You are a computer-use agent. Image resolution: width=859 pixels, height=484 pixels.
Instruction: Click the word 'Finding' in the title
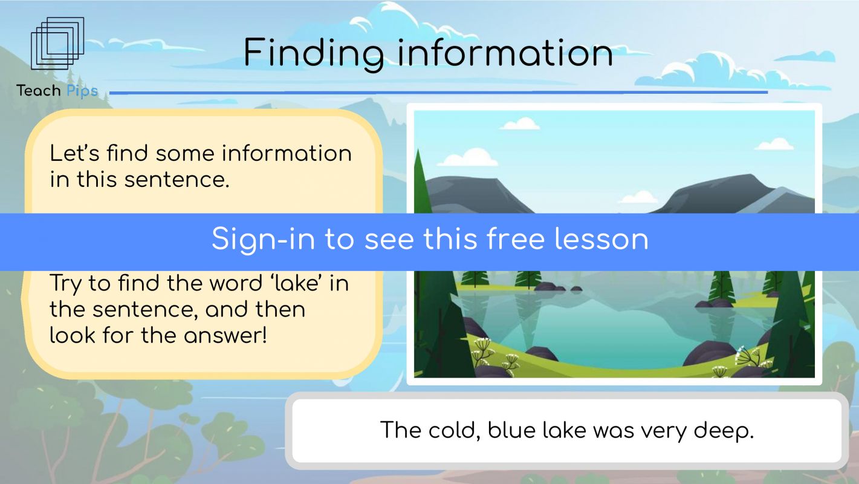pyautogui.click(x=314, y=53)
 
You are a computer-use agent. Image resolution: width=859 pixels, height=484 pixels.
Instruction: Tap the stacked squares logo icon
pyautogui.click(x=57, y=44)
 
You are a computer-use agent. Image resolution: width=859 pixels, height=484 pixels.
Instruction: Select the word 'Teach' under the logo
pyautogui.click(x=38, y=91)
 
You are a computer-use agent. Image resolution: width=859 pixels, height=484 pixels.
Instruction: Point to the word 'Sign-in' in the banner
pyautogui.click(x=264, y=239)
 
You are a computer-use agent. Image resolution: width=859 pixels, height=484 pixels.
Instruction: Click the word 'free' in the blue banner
pyautogui.click(x=516, y=239)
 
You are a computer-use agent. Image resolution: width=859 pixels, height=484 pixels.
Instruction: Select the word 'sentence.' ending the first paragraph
pyautogui.click(x=177, y=180)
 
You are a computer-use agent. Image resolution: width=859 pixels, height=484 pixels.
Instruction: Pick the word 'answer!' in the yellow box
pyautogui.click(x=225, y=335)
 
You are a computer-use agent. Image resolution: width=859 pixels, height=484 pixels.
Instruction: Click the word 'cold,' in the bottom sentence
pyautogui.click(x=455, y=430)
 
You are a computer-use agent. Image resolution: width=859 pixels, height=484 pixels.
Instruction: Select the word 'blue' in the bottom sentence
pyautogui.click(x=511, y=430)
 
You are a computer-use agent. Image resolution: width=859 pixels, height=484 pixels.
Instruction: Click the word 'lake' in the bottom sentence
pyautogui.click(x=564, y=430)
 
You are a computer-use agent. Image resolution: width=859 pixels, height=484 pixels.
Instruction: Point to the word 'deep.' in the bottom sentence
pyautogui.click(x=724, y=431)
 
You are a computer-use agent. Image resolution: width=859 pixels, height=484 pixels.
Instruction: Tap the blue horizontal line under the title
pyautogui.click(x=439, y=93)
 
